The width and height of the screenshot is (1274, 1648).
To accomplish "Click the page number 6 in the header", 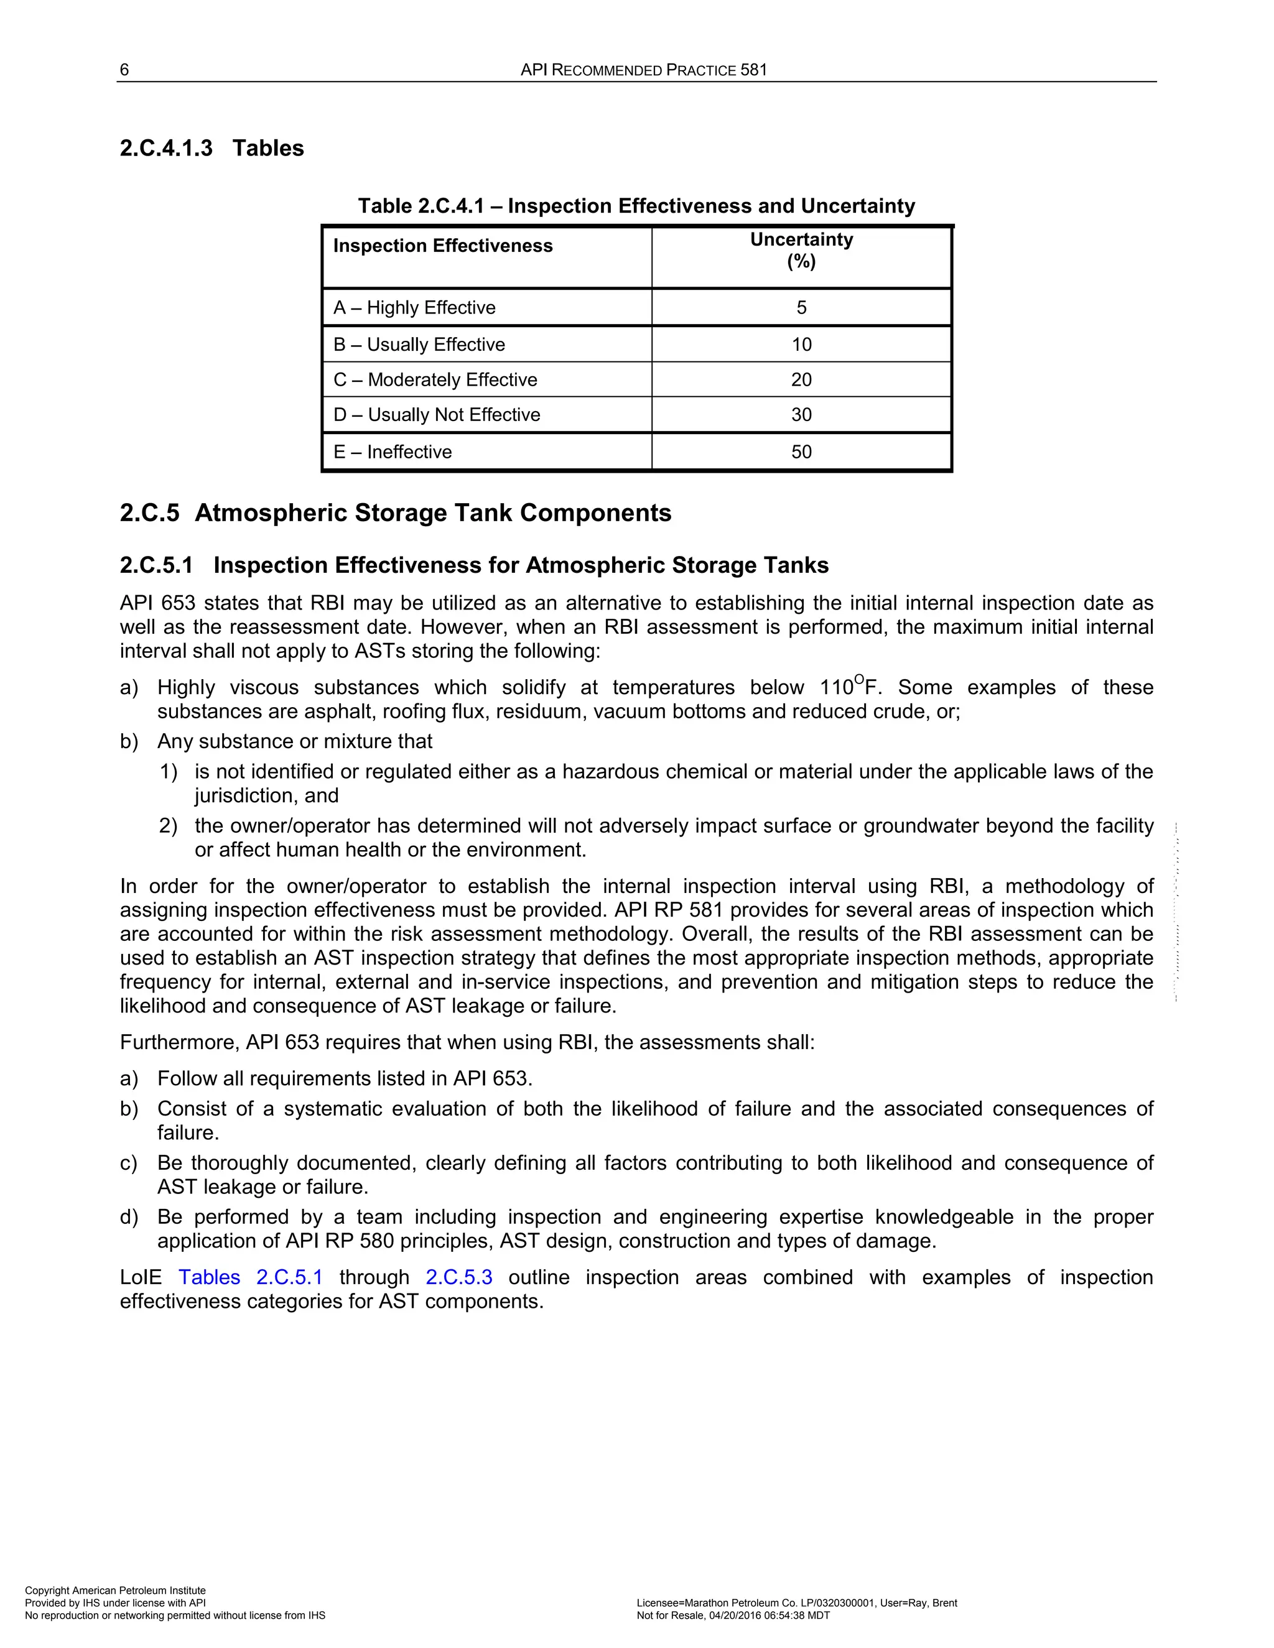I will click(x=124, y=70).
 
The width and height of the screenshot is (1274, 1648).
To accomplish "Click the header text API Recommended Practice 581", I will click(x=643, y=70).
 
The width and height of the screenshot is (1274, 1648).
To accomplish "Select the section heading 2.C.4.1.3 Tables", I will click(x=212, y=148).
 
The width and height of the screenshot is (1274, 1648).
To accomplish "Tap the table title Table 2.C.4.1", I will click(x=636, y=206).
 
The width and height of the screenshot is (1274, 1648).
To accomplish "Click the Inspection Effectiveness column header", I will click(x=442, y=246).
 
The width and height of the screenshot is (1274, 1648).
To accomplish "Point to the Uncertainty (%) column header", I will click(x=801, y=250).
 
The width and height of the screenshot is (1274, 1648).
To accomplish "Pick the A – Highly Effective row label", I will click(x=414, y=308).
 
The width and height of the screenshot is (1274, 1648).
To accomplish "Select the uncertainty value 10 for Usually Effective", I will click(x=801, y=345).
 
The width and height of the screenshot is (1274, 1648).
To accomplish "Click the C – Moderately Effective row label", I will click(x=435, y=379).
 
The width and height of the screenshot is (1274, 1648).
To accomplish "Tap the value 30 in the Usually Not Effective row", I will click(x=801, y=415).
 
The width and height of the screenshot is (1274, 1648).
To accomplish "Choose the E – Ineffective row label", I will click(x=393, y=452).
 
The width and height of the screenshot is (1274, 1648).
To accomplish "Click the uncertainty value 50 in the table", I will click(x=801, y=452).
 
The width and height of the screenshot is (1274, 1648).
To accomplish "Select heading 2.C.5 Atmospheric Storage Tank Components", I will click(x=396, y=513).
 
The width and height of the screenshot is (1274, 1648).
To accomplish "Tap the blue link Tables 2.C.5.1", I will click(x=251, y=1277).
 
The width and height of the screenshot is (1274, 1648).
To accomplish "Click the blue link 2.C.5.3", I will click(x=459, y=1277).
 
